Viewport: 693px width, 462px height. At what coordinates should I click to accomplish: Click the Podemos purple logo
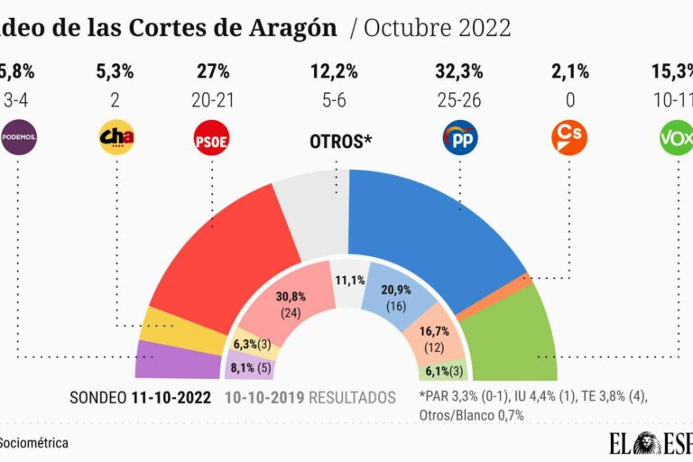[18, 138]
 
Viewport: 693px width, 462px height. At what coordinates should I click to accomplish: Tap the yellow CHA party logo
[115, 138]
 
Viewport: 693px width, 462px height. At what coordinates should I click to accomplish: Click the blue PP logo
[460, 138]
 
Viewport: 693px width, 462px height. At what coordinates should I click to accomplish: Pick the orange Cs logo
[568, 138]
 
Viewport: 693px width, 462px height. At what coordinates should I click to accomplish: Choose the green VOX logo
[676, 138]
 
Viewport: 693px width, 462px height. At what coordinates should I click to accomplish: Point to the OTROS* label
[341, 141]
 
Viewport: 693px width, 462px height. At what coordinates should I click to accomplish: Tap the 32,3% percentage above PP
[460, 71]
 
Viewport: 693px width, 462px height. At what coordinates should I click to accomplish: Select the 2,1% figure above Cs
[568, 71]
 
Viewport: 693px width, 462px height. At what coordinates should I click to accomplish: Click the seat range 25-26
[460, 100]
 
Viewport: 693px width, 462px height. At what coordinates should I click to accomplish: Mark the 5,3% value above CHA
[115, 71]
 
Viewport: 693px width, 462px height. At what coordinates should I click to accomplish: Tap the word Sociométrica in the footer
[34, 443]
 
